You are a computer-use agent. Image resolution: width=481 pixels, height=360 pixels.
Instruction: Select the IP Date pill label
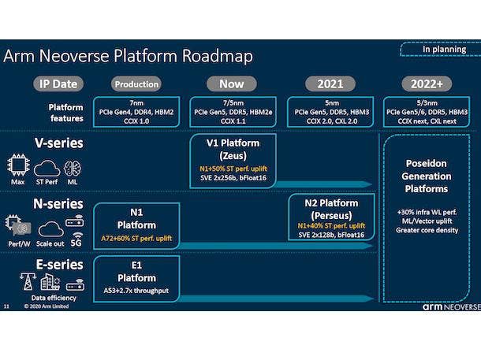pos(58,84)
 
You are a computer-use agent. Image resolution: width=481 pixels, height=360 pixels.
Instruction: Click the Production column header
pos(136,84)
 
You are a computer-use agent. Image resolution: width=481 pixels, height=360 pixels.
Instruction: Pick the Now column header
pos(231,84)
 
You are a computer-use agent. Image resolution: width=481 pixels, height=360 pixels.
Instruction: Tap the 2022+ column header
pos(426,84)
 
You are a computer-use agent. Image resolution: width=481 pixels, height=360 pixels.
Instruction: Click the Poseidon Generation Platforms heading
pos(427,178)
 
